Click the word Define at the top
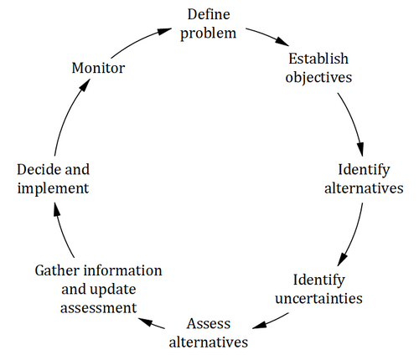pos(209,14)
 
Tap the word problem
pos(209,33)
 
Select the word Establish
pos(318,59)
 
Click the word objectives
pos(318,77)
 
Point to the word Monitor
pos(98,68)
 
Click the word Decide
pos(39,169)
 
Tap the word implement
pos(53,188)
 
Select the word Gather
pos(57,270)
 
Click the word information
pos(123,270)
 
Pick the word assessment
pos(98,308)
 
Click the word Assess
pos(209,324)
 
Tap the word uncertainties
pos(318,299)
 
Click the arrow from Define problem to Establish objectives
pos(267,35)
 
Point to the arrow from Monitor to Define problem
pos(140,41)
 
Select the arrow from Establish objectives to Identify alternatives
pos(353,123)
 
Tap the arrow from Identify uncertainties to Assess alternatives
pos(271,321)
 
